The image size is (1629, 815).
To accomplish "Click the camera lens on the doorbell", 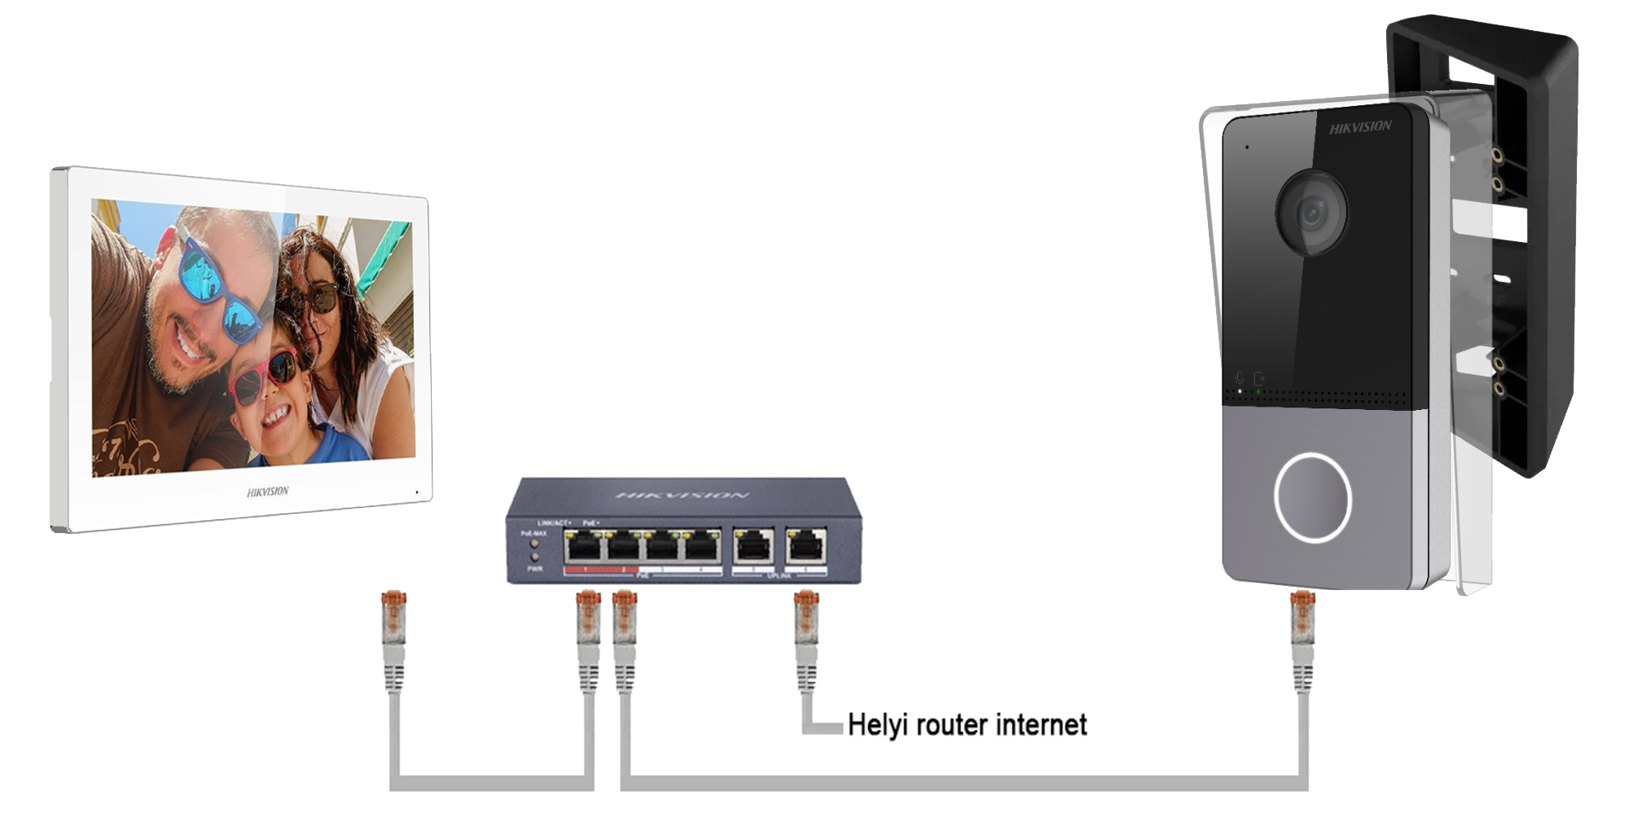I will (x=1311, y=214).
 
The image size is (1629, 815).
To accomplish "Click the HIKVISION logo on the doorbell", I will (x=1360, y=127).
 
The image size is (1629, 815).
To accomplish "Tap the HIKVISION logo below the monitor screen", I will (x=267, y=491).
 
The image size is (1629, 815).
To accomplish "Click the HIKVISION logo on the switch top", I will (x=682, y=495).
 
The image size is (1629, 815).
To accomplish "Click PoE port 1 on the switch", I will (x=583, y=545).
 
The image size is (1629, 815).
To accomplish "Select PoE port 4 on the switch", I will (x=700, y=545).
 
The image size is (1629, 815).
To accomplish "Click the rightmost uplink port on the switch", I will (x=806, y=545).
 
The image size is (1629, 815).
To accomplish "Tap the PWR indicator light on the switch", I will (x=535, y=557).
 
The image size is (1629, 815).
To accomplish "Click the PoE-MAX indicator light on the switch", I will (x=535, y=542).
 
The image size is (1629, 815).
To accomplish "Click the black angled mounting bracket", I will (x=1531, y=244).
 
